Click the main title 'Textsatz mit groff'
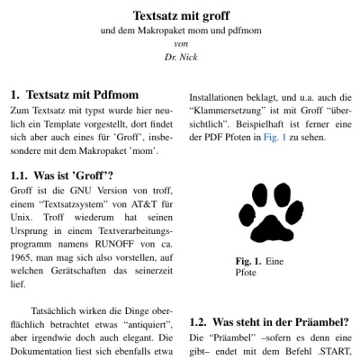pos(180,15)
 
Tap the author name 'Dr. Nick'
pos(180,57)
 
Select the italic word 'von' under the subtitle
pos(180,43)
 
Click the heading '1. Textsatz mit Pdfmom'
pos(77,93)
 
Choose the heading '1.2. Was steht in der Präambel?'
pos(270,322)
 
